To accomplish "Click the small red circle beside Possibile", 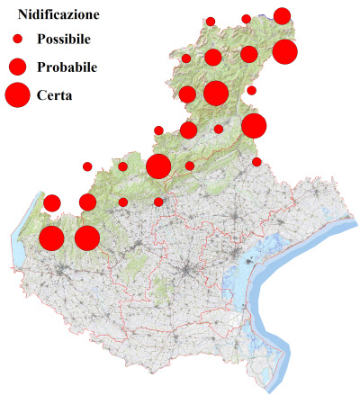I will pyautogui.click(x=17, y=40).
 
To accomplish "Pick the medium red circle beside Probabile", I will pyautogui.click(x=17, y=67).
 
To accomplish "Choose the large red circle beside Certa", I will pyautogui.click(x=17, y=94).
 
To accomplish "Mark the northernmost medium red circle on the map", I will pyautogui.click(x=282, y=15).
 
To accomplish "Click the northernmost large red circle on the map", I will pyautogui.click(x=284, y=51).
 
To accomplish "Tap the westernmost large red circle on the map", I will pyautogui.click(x=51, y=238).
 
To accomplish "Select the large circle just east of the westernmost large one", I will pyautogui.click(x=86, y=238).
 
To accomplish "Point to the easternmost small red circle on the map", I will pyautogui.click(x=256, y=162).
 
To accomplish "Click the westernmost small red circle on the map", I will pyautogui.click(x=87, y=166).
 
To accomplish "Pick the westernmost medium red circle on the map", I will pyautogui.click(x=52, y=202).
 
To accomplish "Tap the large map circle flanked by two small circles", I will pyautogui.click(x=158, y=166).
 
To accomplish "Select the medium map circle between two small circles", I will pyautogui.click(x=188, y=130).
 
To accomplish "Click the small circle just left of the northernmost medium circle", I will pyautogui.click(x=246, y=19).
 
